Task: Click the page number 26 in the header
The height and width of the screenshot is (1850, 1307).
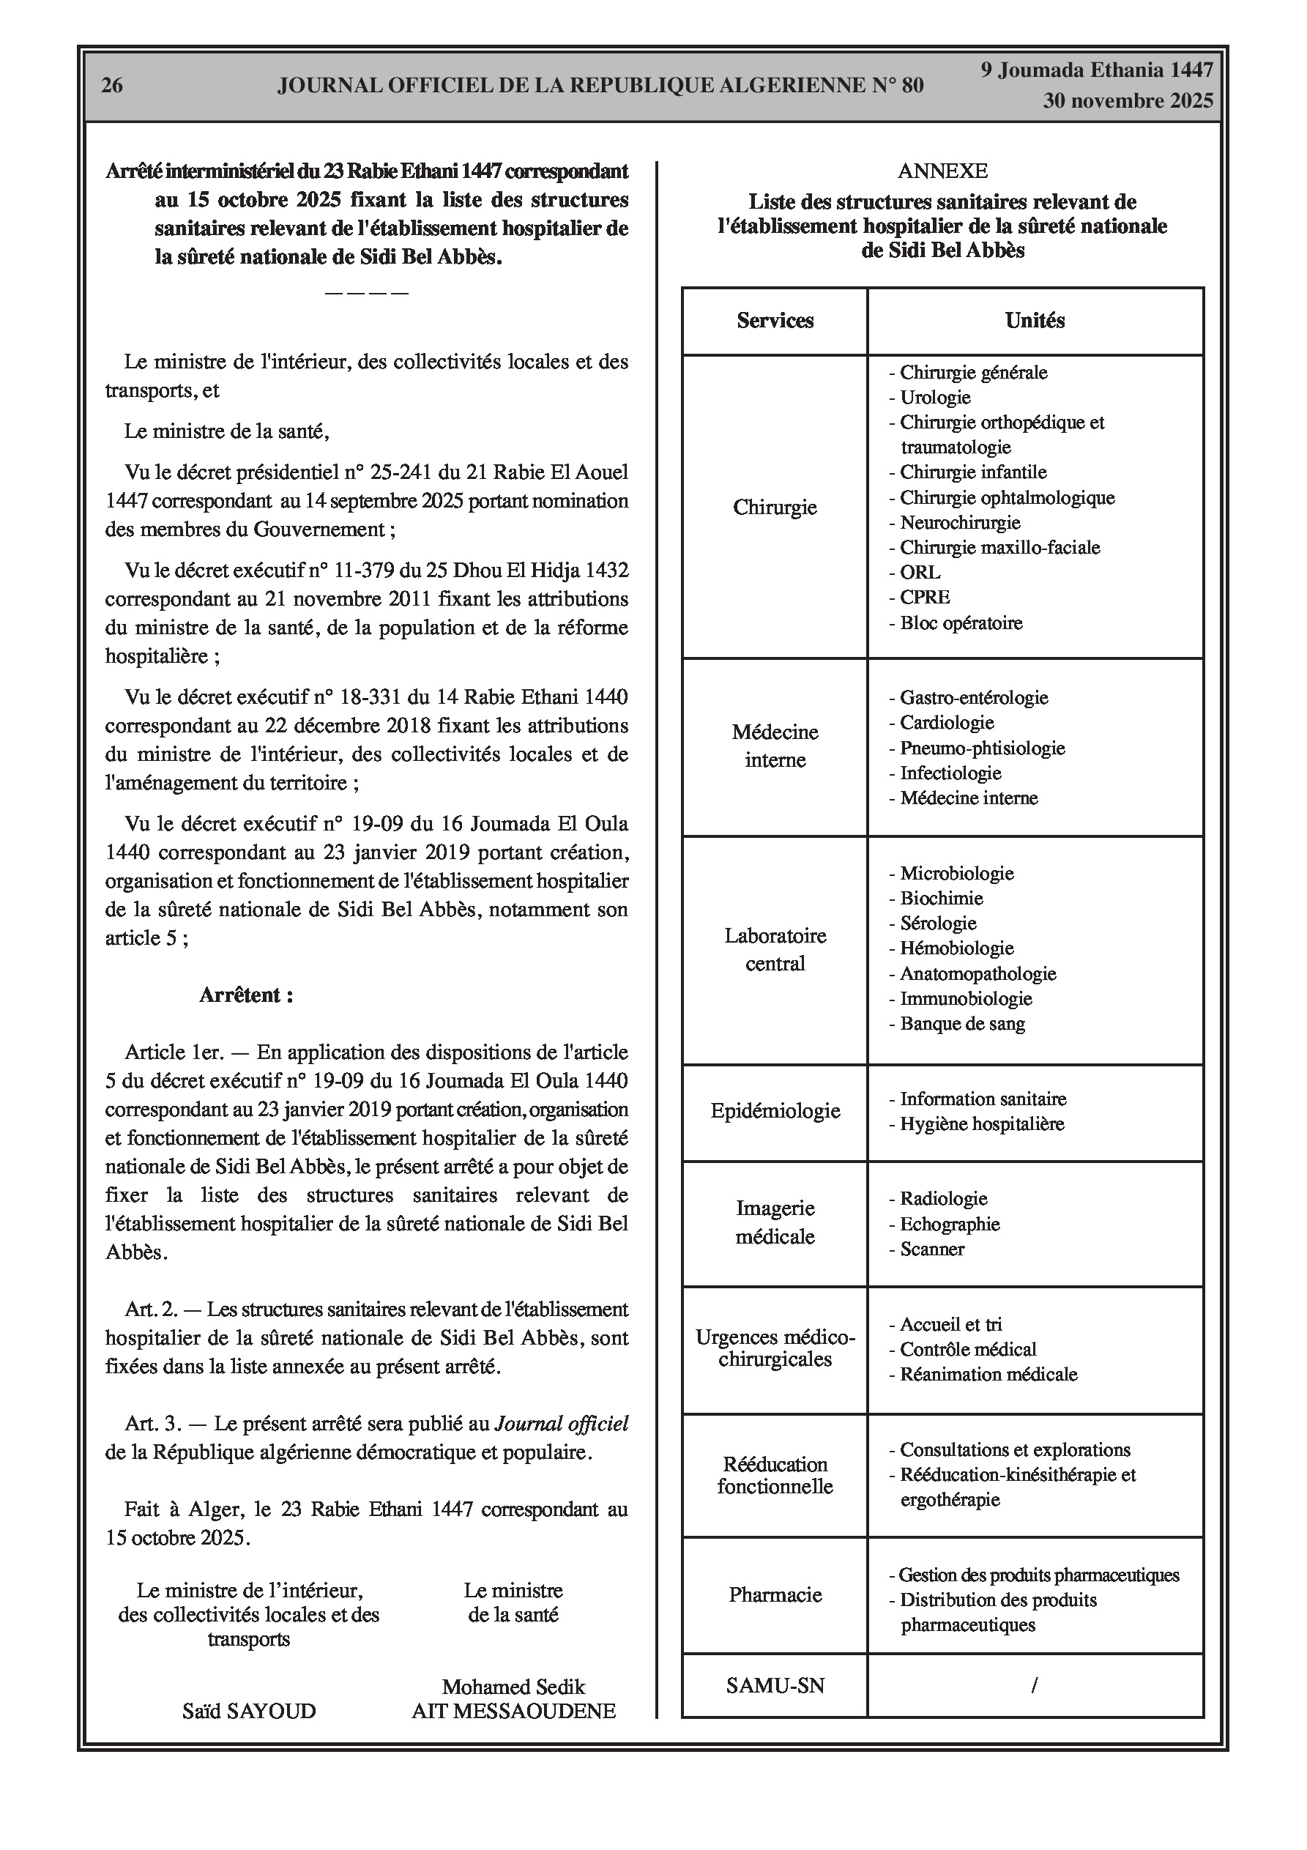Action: (x=112, y=86)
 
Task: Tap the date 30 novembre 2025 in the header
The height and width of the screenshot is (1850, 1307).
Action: (x=1128, y=101)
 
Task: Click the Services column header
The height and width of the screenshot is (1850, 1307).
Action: (x=775, y=321)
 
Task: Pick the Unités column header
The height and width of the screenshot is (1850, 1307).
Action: (x=1035, y=321)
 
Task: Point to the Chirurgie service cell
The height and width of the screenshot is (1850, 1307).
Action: (x=775, y=508)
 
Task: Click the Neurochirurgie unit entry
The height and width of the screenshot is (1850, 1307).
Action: (x=960, y=523)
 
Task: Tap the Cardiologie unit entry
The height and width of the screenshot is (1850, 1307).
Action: (x=946, y=723)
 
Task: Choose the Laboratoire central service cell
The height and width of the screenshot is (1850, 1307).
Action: (x=775, y=949)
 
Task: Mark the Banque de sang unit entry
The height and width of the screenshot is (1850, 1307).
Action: (x=962, y=1024)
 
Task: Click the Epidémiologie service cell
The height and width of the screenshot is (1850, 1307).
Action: (x=775, y=1111)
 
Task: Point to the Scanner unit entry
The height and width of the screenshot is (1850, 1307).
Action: (x=931, y=1249)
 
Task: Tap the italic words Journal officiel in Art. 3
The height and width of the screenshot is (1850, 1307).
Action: (x=561, y=1424)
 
